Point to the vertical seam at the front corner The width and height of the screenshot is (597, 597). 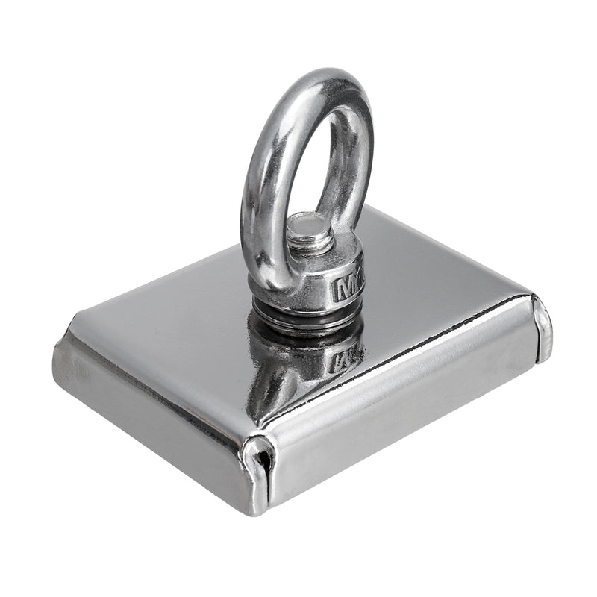pyautogui.click(x=263, y=478)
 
